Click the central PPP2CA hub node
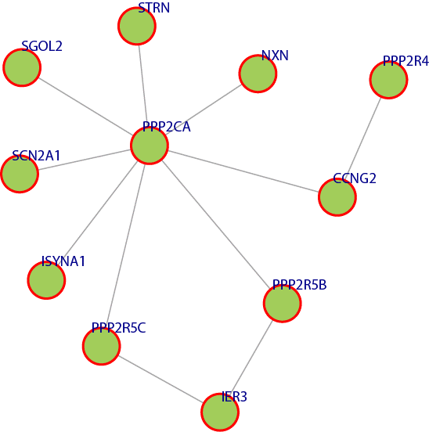(x=150, y=146)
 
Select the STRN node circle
(x=137, y=26)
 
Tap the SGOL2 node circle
(x=22, y=67)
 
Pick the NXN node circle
(x=258, y=74)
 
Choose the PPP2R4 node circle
(x=388, y=80)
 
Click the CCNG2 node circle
(x=337, y=197)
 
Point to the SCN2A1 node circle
(x=20, y=174)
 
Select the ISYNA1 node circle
(x=46, y=280)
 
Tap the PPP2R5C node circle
(x=102, y=346)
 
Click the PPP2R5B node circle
(x=282, y=304)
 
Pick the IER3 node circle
(x=220, y=412)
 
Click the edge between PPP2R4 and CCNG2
(x=364, y=135)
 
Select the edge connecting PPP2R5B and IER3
(x=251, y=358)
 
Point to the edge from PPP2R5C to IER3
(x=160, y=379)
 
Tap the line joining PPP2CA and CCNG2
(x=243, y=171)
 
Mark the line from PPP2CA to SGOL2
(x=85, y=106)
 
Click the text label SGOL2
(x=41, y=46)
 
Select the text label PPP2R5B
(x=300, y=285)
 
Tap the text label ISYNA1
(x=63, y=261)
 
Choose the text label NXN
(x=275, y=56)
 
